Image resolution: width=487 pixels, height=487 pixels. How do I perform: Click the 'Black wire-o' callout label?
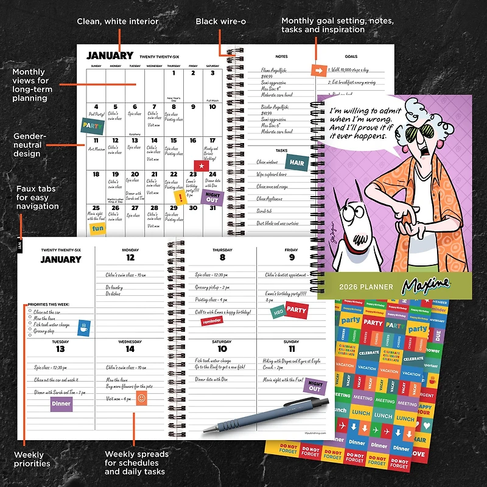220,21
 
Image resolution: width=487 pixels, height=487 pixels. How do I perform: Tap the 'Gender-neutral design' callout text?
28,145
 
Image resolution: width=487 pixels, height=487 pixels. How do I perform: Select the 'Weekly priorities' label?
32,458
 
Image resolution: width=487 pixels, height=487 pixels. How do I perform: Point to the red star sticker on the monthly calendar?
200,165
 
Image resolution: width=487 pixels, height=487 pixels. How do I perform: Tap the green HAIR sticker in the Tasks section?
297,163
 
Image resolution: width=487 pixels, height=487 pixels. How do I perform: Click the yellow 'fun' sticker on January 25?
98,228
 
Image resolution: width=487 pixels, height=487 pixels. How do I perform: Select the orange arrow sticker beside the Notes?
318,71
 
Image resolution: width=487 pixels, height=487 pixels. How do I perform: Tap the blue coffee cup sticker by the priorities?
84,329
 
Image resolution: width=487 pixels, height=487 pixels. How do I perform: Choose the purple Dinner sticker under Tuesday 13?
61,403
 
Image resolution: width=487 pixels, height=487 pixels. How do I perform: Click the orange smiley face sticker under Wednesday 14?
141,398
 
